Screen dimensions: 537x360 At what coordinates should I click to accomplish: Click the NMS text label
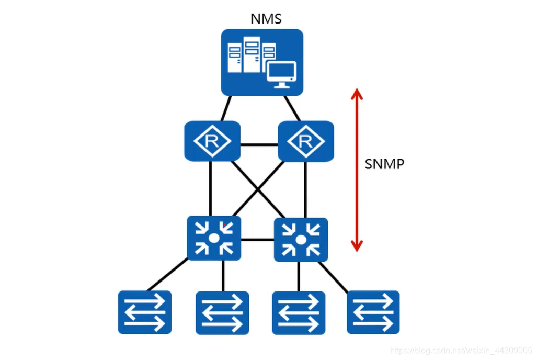point(266,19)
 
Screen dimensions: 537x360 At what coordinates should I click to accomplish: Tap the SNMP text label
point(384,164)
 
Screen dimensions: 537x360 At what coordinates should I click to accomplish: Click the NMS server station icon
point(262,62)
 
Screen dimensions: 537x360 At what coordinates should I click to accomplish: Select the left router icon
point(212,141)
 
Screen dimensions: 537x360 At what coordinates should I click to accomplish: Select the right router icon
point(306,141)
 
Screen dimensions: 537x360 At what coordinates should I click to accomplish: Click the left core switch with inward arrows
point(214,238)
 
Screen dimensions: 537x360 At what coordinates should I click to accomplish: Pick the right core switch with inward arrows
point(301,240)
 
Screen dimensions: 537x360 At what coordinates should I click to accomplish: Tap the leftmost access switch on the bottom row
point(145,312)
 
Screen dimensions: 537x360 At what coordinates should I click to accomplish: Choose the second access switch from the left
point(222,313)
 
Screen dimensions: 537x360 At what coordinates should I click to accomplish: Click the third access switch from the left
point(299,313)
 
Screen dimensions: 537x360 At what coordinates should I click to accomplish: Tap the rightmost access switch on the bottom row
point(373,312)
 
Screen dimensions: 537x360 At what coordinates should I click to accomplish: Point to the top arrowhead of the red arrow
point(357,89)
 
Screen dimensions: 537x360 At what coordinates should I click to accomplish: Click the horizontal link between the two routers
point(259,145)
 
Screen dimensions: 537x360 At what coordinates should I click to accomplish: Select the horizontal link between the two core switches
point(258,239)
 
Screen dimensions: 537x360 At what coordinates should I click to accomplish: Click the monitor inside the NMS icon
point(281,75)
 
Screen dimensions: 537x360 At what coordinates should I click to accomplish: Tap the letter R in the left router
point(212,141)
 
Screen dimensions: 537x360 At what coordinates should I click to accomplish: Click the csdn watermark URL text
point(461,351)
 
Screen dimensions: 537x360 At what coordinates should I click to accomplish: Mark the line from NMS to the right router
point(292,108)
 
